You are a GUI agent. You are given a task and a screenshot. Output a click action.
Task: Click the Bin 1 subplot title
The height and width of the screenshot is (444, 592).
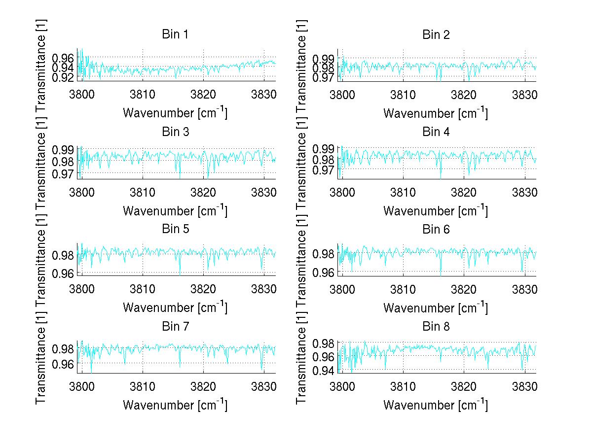tap(175, 34)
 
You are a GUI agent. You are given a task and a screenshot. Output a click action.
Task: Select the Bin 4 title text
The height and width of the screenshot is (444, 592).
tap(436, 132)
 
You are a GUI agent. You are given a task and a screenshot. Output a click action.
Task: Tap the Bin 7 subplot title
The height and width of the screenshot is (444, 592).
tap(175, 326)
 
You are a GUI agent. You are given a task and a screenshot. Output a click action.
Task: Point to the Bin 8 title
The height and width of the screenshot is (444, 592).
tap(436, 326)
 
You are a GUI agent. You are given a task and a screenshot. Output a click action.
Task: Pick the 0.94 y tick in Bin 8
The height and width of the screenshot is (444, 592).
tap(324, 370)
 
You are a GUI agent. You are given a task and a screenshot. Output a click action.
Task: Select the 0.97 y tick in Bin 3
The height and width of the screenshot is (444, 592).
tap(63, 173)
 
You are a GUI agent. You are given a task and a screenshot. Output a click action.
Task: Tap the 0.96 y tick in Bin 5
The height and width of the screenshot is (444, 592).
tap(63, 273)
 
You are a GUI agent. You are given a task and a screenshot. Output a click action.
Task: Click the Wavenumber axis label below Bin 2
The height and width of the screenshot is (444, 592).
tap(436, 113)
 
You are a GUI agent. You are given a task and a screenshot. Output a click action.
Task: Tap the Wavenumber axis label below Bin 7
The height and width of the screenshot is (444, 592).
tap(175, 405)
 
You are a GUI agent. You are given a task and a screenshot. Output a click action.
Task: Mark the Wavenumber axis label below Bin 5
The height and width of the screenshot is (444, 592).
tap(175, 307)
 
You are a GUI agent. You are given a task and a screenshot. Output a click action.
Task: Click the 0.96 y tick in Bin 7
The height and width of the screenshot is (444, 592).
tap(63, 363)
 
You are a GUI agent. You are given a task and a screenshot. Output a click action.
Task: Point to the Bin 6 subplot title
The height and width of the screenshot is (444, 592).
tap(436, 229)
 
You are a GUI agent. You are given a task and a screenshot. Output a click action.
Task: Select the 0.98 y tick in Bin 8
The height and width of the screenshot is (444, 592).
tap(324, 343)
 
